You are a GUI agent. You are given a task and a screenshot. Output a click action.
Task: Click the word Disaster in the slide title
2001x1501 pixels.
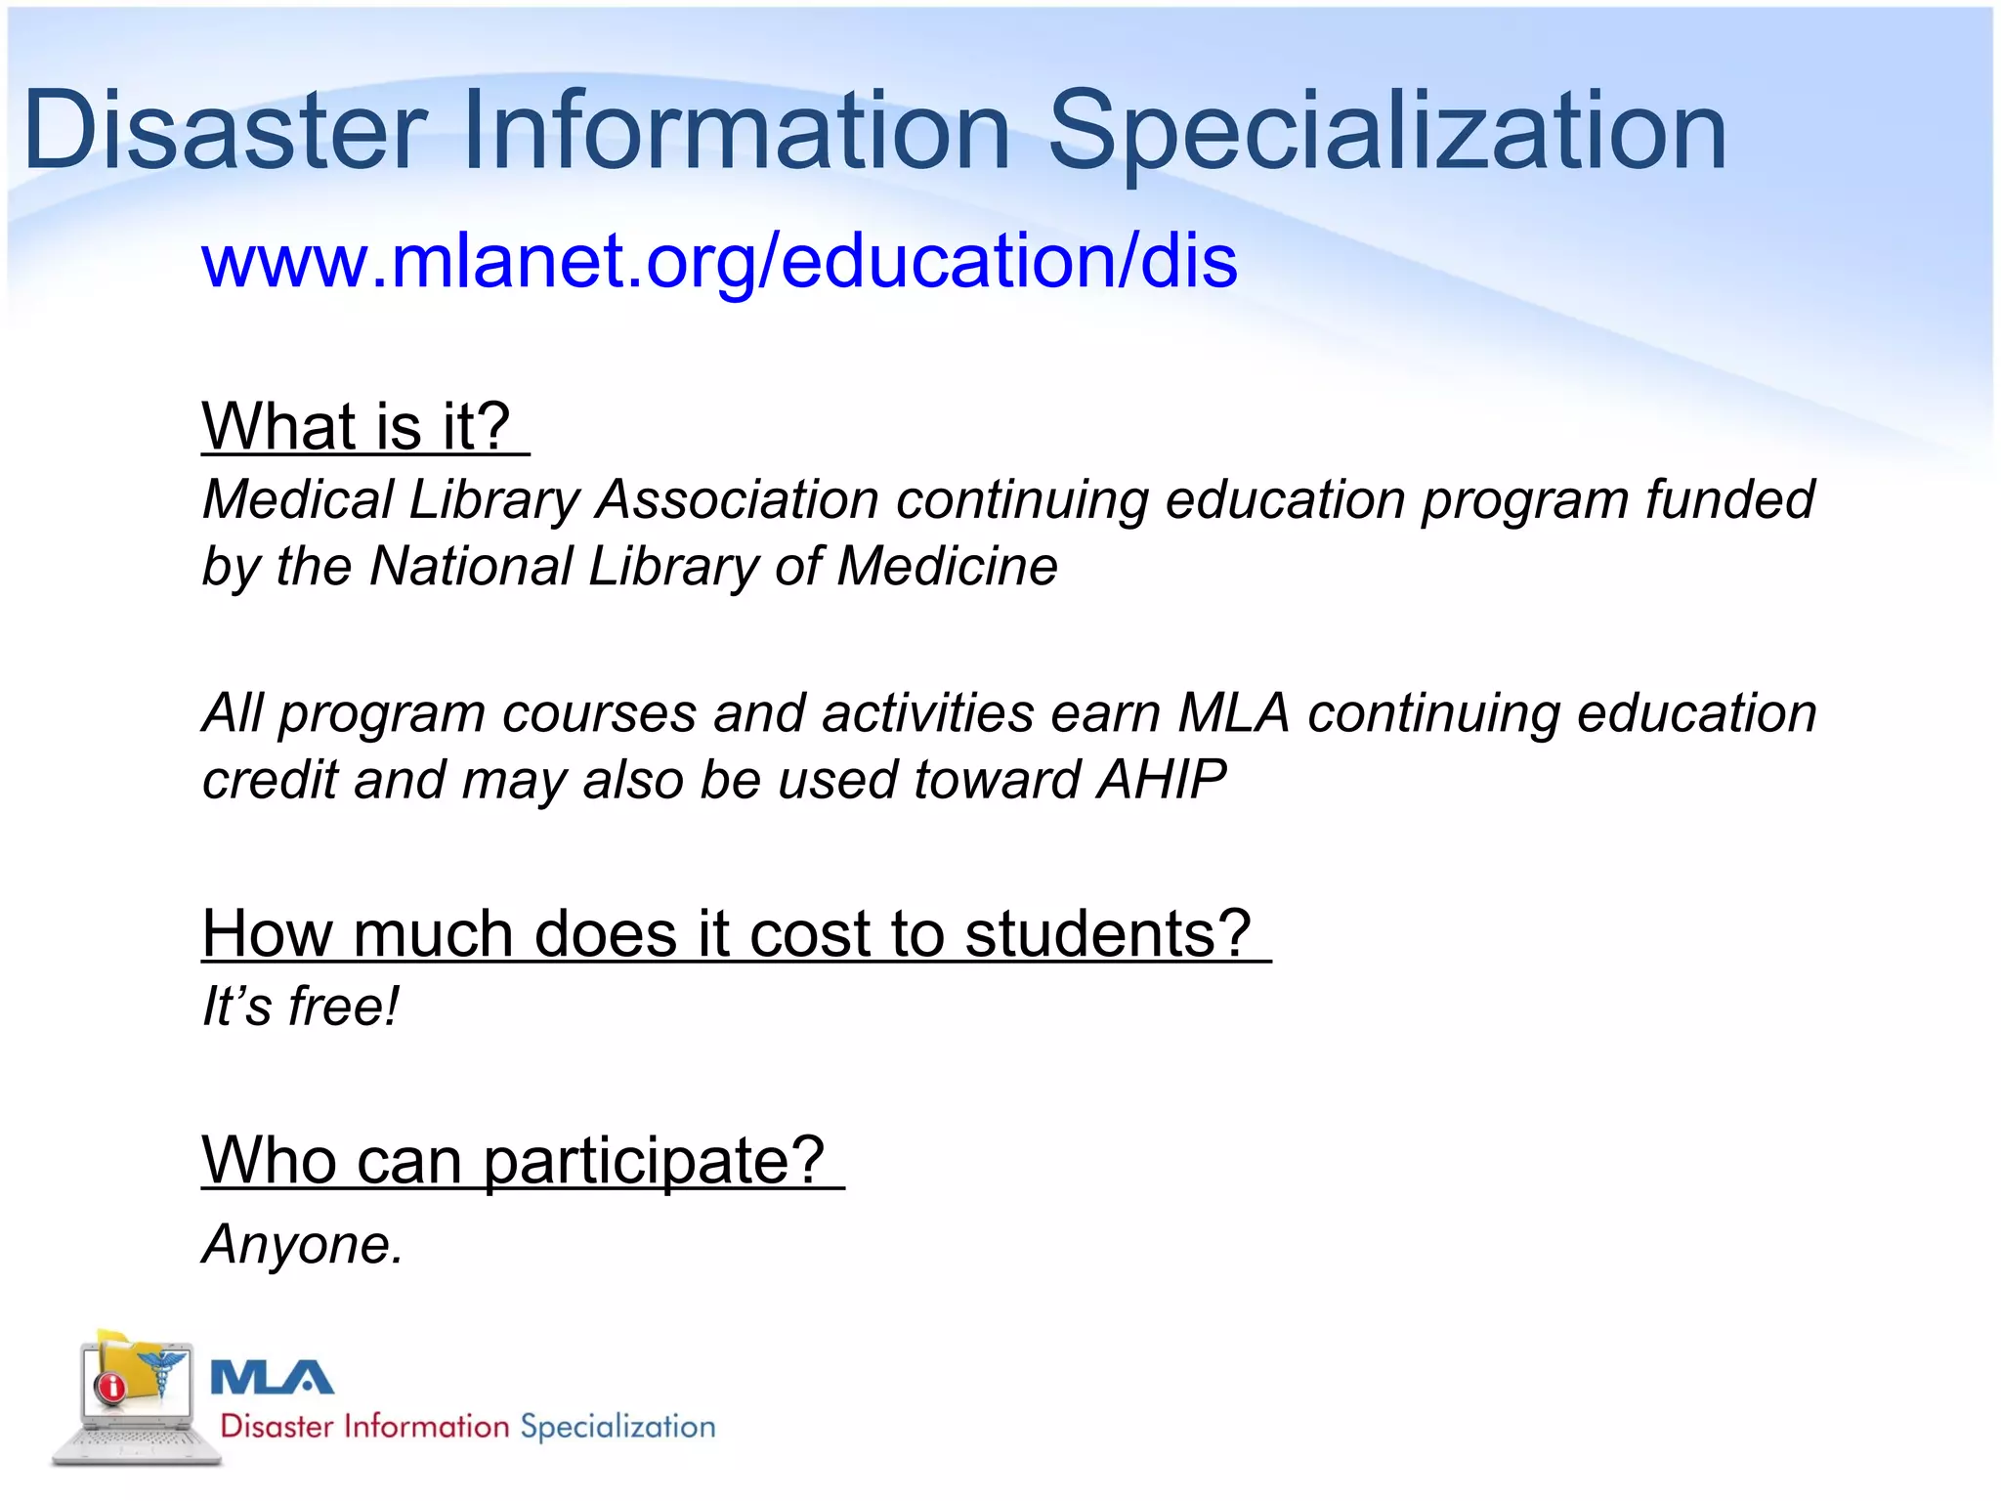point(225,132)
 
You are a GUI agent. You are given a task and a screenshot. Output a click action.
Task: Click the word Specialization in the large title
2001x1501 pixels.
point(1387,132)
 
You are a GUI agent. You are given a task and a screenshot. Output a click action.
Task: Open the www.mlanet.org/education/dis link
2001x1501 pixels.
point(719,262)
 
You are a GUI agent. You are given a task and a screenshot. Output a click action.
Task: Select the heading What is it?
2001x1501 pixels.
point(358,427)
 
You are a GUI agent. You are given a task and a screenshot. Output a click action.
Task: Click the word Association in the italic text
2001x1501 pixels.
point(738,499)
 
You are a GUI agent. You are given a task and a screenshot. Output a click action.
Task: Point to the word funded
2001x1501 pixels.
point(1729,499)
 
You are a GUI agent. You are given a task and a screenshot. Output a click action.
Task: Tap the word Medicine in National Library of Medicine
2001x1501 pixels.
point(948,567)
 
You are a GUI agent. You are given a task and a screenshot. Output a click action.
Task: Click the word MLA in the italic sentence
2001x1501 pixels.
point(1234,712)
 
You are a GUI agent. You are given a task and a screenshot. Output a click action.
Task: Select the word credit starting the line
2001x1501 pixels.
point(269,780)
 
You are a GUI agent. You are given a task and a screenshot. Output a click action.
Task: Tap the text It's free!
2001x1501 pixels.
point(300,1007)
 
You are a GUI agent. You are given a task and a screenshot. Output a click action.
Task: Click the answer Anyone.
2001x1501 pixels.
point(302,1245)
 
